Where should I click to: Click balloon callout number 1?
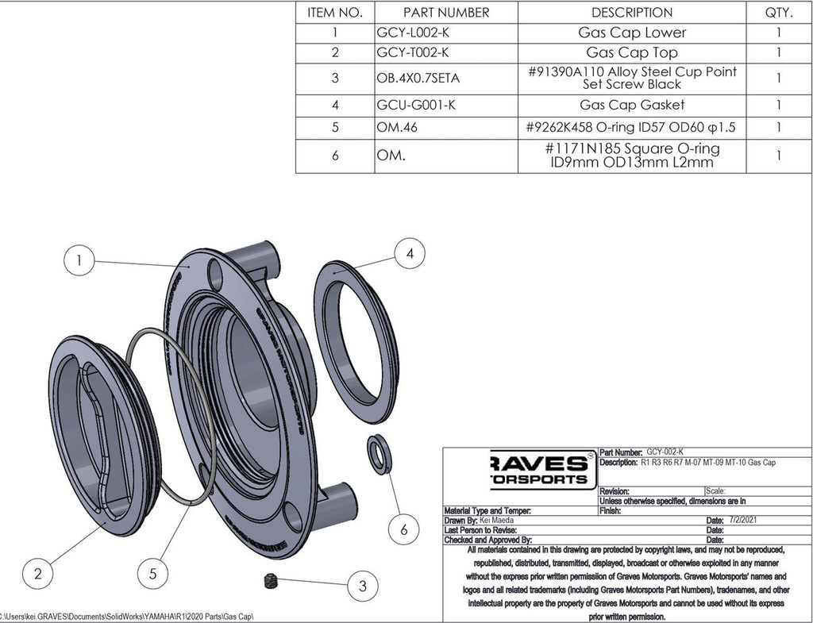(79, 260)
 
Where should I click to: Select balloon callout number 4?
(409, 254)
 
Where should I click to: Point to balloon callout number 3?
(362, 586)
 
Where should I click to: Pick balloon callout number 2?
(37, 572)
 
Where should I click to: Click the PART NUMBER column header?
(445, 13)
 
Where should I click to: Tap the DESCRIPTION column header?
(631, 13)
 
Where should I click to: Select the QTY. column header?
(778, 13)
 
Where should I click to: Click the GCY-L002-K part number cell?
(412, 33)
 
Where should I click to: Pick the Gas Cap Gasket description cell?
(631, 105)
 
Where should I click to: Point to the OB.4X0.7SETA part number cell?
(418, 78)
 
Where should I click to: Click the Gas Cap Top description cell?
(631, 53)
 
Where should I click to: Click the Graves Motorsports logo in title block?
(539, 469)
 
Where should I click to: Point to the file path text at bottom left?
(127, 617)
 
